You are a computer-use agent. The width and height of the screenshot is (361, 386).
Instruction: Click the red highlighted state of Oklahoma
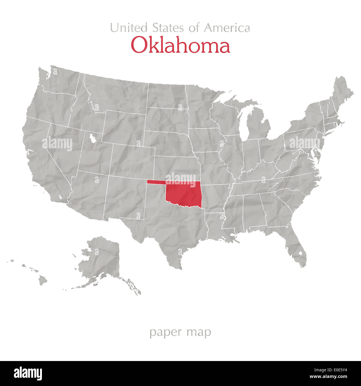(183, 194)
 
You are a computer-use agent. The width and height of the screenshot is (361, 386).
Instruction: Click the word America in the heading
(227, 28)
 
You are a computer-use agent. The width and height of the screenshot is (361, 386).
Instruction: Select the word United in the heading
(129, 28)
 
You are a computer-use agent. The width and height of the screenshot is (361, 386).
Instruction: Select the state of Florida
(297, 247)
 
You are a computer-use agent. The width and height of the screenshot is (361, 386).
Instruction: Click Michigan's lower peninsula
(257, 125)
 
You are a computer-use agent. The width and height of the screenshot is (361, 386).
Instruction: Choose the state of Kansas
(176, 167)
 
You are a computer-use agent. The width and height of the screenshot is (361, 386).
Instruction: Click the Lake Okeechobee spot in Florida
(300, 253)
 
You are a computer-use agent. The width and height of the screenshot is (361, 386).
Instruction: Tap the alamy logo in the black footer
(28, 373)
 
